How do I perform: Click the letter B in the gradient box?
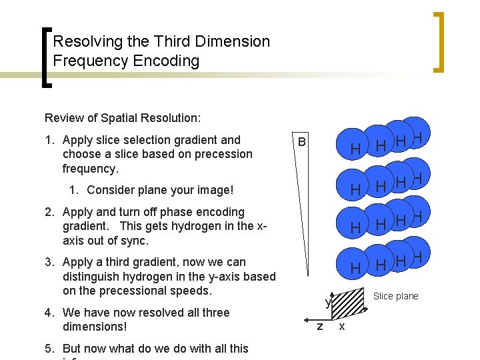[x=302, y=142]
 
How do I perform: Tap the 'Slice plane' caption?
[x=395, y=296]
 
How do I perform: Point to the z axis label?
[x=320, y=326]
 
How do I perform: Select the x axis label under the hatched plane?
[x=342, y=326]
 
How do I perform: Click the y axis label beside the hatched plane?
[x=328, y=303]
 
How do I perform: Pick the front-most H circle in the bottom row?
[x=356, y=268]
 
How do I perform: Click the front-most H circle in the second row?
[x=356, y=190]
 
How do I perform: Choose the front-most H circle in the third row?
[x=356, y=228]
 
